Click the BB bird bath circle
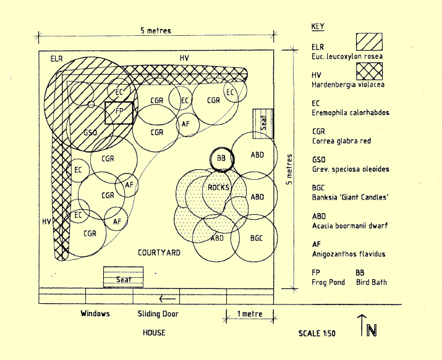pyautogui.click(x=221, y=158)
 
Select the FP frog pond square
pyautogui.click(x=119, y=112)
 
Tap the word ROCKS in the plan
pyautogui.click(x=218, y=187)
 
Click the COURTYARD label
pyautogui.click(x=159, y=253)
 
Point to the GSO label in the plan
pyautogui.click(x=90, y=133)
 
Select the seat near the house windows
pyautogui.click(x=124, y=278)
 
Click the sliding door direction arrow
pyautogui.click(x=168, y=299)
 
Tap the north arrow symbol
pyautogui.click(x=369, y=327)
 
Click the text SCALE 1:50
pyautogui.click(x=317, y=333)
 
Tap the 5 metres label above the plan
pyautogui.click(x=155, y=30)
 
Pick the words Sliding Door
pyautogui.click(x=158, y=314)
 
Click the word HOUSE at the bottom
pyautogui.click(x=154, y=333)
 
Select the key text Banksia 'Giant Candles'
pyautogui.click(x=349, y=198)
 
